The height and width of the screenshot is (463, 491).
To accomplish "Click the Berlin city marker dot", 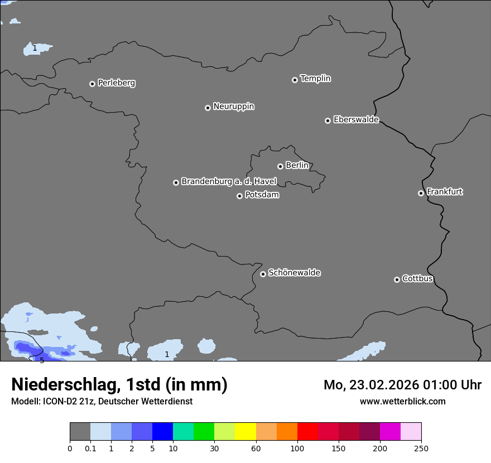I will [x=280, y=166].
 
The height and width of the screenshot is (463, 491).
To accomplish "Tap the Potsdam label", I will [x=262, y=195].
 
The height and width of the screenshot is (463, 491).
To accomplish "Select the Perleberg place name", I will [x=116, y=83].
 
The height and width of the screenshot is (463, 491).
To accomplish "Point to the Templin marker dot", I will [x=295, y=80].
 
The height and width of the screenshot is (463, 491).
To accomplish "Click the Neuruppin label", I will [x=233, y=107].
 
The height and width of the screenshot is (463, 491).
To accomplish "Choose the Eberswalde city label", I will [x=356, y=120].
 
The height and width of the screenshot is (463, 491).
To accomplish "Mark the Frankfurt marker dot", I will [x=421, y=193].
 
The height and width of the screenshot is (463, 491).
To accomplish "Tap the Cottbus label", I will [x=417, y=278].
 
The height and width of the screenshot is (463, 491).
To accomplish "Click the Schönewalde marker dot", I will [x=263, y=274].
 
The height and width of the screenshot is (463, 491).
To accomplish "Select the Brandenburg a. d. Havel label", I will [x=229, y=182].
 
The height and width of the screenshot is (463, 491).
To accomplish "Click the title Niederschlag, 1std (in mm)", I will [x=119, y=385].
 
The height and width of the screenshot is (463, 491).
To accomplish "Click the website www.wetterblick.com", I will [x=402, y=402].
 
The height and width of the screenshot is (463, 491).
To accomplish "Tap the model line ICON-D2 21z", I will [x=102, y=402].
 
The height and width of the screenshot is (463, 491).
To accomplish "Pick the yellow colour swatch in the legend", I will [x=245, y=432].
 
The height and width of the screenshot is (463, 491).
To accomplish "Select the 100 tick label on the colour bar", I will [x=297, y=448].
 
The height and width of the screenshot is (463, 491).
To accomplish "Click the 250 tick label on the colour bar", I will [x=421, y=448].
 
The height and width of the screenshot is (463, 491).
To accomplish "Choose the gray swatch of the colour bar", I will [x=80, y=432].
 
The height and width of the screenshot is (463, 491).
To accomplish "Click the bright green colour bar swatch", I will [x=204, y=432].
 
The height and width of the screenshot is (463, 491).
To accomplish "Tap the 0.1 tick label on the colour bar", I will [x=90, y=448].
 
